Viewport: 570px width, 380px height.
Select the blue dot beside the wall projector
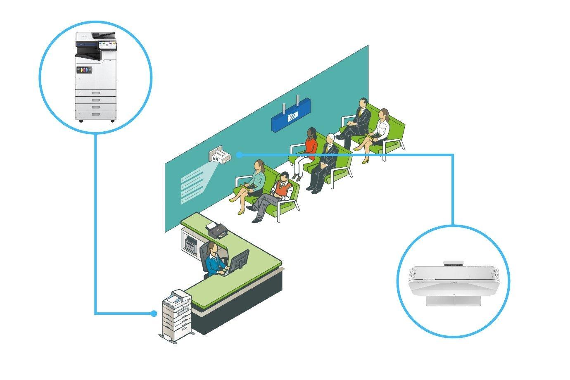pyautogui.click(x=239, y=154)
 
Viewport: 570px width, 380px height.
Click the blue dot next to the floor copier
pyautogui.click(x=154, y=313)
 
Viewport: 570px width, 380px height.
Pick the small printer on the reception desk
pyautogui.click(x=218, y=229)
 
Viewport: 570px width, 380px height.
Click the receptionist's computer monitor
pyautogui.click(x=240, y=261)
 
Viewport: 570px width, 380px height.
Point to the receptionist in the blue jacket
pyautogui.click(x=214, y=261)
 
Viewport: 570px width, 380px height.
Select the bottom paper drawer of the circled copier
pyautogui.click(x=95, y=114)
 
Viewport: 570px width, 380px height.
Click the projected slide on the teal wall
pyautogui.click(x=193, y=188)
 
